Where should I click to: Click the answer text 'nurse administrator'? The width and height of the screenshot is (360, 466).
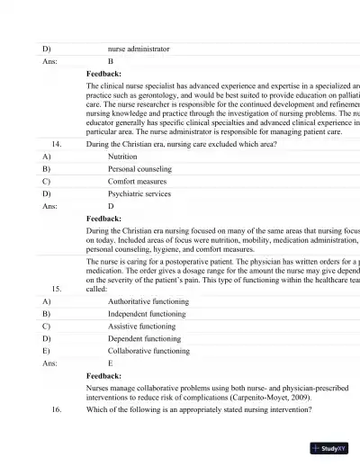coord(138,49)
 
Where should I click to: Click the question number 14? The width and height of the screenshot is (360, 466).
coord(57,143)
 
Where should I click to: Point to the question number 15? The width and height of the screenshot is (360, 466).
coord(57,289)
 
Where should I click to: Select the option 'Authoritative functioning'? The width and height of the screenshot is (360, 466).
coord(148,301)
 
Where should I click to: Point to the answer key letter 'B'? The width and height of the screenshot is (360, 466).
coord(111,61)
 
